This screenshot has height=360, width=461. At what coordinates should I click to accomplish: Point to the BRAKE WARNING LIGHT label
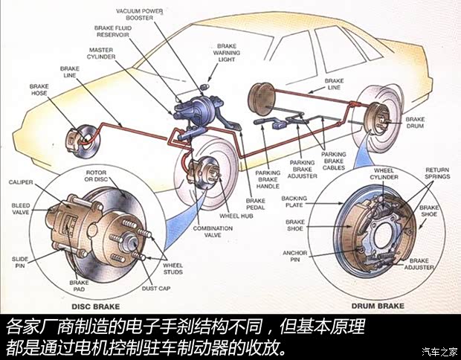point(227,52)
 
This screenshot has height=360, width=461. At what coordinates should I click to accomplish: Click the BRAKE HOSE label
point(39,90)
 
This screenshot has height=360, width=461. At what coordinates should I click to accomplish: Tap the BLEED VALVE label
point(20,209)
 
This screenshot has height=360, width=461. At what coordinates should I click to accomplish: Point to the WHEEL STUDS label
point(173,269)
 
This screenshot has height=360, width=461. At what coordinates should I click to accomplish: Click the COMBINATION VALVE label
point(213,234)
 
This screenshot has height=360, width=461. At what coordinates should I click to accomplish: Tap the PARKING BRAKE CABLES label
point(333,160)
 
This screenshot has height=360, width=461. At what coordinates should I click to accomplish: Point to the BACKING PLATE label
point(294,203)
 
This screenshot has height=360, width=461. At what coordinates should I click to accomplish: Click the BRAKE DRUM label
point(415,123)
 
